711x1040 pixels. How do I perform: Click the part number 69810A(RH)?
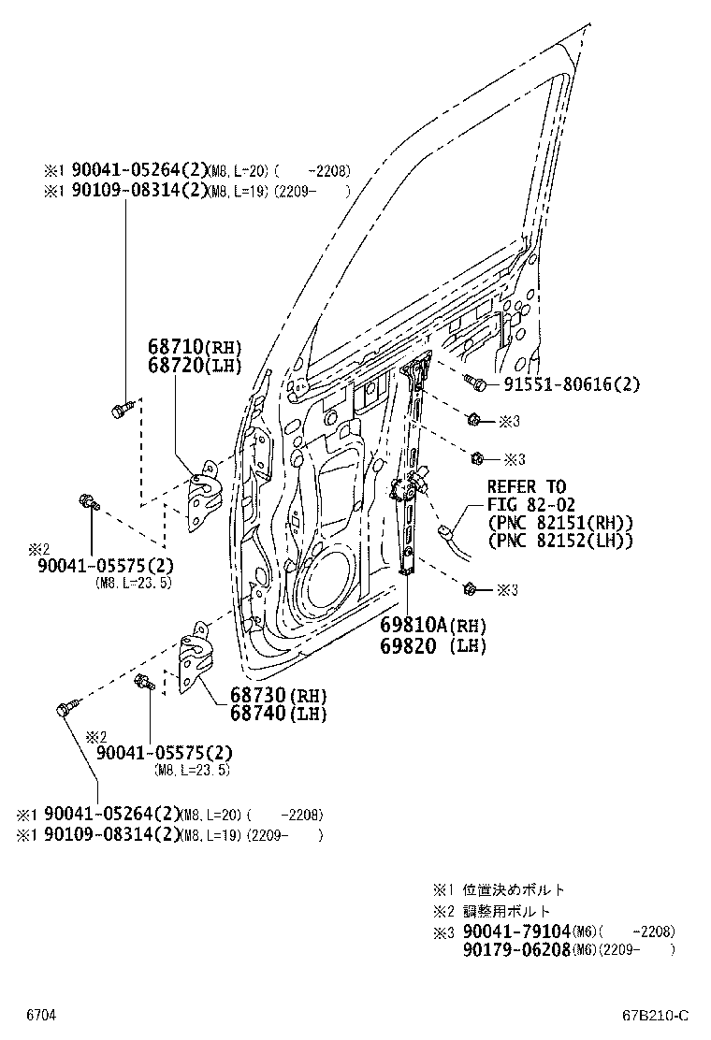tap(433, 626)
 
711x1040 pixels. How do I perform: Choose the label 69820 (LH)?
tap(433, 644)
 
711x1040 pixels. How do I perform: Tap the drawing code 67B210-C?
tap(656, 1015)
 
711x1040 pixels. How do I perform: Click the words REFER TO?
tap(526, 487)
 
